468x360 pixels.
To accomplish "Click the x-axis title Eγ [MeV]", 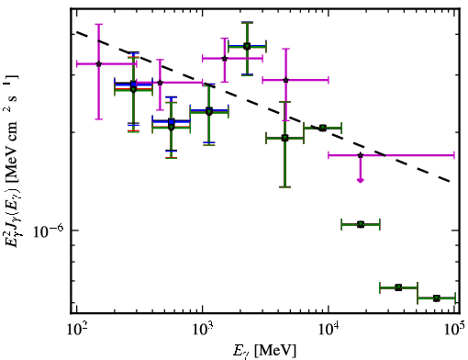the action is coord(264,351).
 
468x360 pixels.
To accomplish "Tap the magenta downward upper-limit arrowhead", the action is coord(361,180).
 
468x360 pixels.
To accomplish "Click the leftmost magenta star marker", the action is coord(98,63).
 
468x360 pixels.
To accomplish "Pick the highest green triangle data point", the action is coord(247,47).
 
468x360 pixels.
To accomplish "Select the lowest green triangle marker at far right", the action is coord(437,298).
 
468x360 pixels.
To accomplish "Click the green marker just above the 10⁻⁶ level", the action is coord(361,225).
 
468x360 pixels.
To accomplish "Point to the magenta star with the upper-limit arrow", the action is coord(361,155).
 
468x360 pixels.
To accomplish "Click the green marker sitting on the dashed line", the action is coord(323,128).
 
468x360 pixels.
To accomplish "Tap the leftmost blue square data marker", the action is coord(133,84).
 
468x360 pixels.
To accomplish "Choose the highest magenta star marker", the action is coord(225,58).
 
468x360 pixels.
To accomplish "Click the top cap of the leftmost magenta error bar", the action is coord(98,24).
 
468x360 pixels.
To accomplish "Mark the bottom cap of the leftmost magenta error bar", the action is coord(98,118).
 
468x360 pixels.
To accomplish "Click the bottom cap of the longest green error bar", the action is coord(285,186).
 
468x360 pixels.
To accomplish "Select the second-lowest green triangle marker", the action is coord(398,287).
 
